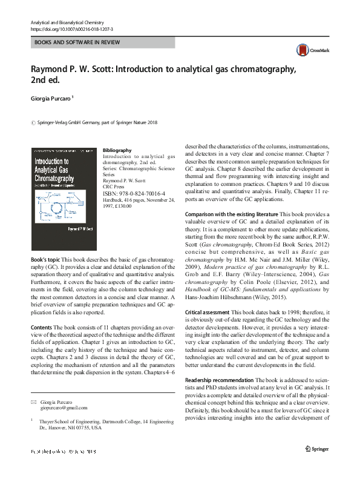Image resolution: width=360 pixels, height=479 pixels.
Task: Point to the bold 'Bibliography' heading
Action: point(117,150)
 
